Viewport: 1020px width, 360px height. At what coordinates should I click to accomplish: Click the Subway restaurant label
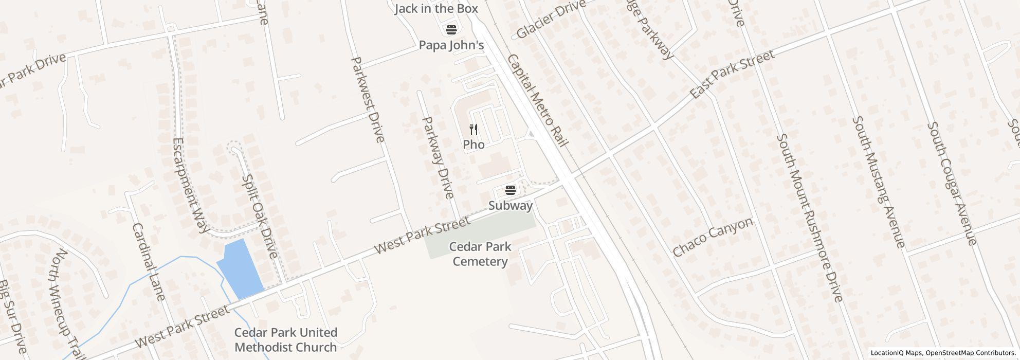510,206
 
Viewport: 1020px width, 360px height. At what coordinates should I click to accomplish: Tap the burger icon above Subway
510,190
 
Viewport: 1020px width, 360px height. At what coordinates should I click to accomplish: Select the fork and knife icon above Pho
473,129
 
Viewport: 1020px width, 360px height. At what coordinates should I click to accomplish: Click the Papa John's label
451,45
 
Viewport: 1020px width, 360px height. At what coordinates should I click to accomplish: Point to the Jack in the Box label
436,9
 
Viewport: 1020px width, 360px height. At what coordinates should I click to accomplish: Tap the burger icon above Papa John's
451,30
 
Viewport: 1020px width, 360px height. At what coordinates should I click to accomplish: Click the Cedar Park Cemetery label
480,254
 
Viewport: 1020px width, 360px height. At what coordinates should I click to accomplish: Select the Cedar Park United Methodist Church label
286,340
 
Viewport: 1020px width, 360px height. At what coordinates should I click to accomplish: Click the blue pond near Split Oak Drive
240,269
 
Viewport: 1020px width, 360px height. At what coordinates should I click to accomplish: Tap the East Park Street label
732,75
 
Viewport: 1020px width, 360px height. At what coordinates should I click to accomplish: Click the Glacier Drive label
551,20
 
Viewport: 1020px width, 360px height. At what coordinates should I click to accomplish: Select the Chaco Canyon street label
713,237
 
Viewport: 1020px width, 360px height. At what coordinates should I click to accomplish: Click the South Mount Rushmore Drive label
809,218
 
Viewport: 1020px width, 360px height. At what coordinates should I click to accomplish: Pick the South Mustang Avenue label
878,182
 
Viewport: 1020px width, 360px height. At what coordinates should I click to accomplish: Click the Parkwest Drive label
367,100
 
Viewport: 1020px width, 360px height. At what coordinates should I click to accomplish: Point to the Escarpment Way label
189,185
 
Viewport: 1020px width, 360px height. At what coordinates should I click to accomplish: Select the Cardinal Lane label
149,262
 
